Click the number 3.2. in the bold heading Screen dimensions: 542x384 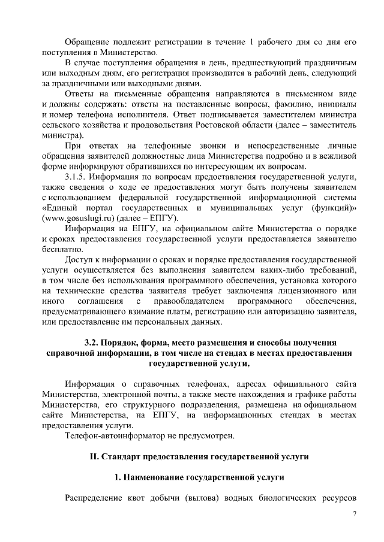pos(96,343)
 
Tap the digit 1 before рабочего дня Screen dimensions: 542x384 pos(252,43)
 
